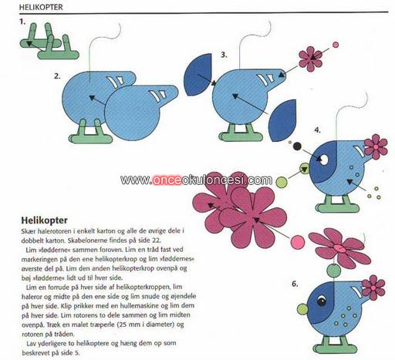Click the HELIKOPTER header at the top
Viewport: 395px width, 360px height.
pos(41,7)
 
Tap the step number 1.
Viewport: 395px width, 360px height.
pos(22,22)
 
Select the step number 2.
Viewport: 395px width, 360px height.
pos(57,76)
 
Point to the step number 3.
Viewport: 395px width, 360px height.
pos(224,55)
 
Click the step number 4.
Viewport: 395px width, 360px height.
pos(318,130)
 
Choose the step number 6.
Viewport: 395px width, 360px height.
pos(295,284)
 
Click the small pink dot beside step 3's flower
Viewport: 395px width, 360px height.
pos(336,45)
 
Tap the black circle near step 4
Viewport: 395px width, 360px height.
pos(297,146)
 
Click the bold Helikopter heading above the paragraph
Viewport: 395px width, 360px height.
pos(44,220)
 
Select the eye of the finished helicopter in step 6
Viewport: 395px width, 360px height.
pos(322,301)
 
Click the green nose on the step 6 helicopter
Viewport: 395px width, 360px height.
pos(302,309)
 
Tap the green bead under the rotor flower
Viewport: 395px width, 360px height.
pos(334,271)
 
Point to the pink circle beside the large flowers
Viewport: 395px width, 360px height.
pos(298,242)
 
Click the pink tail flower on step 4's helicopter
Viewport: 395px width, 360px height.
pos(376,146)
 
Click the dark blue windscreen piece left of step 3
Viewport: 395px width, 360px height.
pos(197,75)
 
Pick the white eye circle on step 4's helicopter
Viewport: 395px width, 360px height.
pos(324,160)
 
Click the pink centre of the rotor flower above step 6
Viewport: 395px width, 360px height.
pos(340,248)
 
